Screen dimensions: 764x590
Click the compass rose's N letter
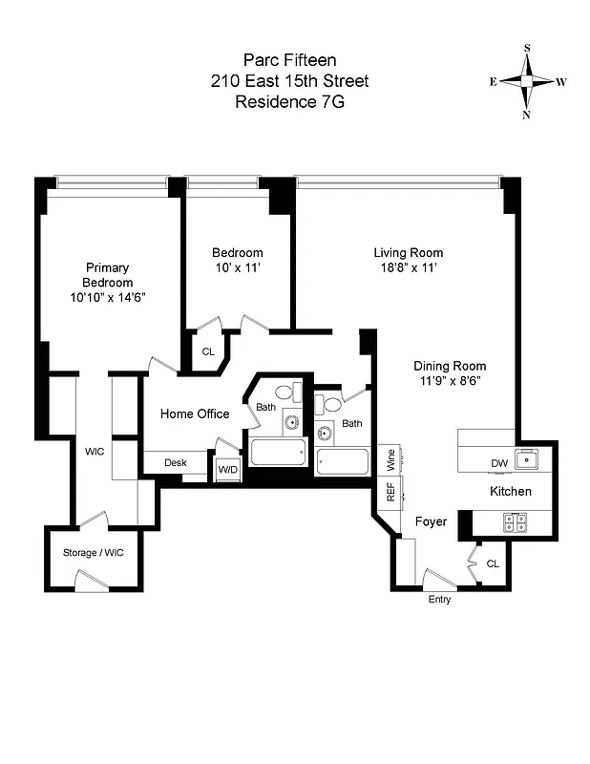pos(526,115)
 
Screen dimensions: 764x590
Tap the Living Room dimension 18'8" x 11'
pos(408,268)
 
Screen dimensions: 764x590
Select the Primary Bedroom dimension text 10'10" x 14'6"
pos(106,297)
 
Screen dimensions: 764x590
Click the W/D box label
pos(227,469)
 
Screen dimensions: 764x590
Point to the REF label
pos(390,492)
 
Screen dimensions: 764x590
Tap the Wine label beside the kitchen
pos(390,460)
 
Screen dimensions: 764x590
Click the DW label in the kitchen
pos(499,464)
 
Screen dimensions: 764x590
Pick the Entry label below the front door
pos(439,600)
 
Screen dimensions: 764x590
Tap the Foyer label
pos(432,521)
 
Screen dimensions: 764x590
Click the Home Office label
pos(195,414)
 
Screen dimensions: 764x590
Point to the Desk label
pos(175,463)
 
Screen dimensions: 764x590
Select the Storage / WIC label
pos(94,553)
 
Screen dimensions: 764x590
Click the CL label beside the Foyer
pos(493,564)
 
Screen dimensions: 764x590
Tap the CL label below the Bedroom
pos(208,351)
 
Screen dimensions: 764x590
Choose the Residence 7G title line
pos(289,100)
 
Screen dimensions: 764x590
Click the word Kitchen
pos(511,492)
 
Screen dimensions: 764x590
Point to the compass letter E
pos(494,82)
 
